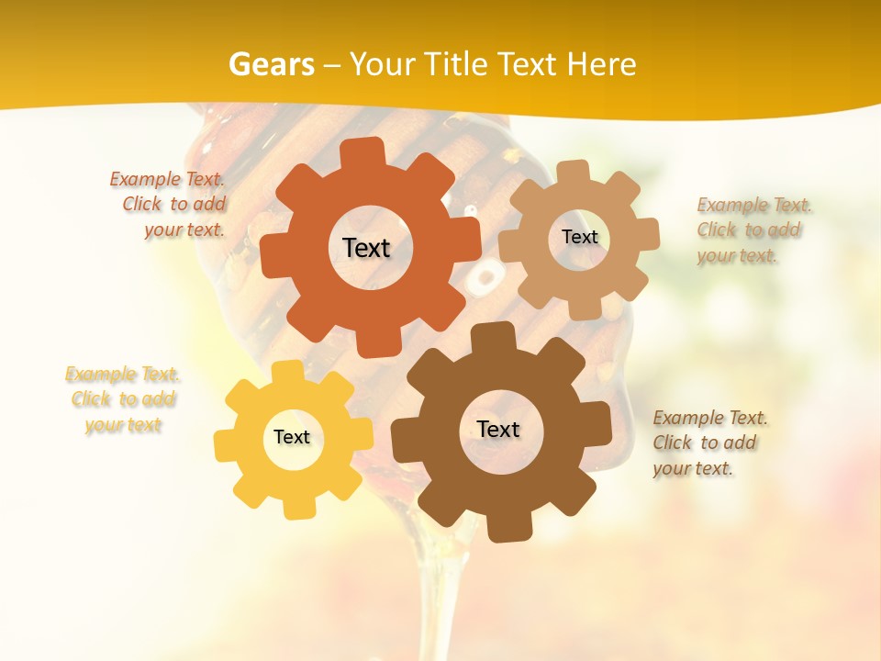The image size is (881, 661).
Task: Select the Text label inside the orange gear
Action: [366, 248]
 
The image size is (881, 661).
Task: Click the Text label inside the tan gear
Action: [579, 237]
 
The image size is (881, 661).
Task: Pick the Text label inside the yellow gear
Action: [292, 437]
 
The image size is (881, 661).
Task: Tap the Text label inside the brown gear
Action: [498, 429]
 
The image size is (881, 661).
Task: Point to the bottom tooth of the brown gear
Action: [504, 529]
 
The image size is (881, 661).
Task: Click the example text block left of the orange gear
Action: [169, 205]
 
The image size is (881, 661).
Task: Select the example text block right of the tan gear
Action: [753, 230]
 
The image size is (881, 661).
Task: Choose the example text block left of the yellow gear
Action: [123, 399]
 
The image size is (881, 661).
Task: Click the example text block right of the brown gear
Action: [709, 443]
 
